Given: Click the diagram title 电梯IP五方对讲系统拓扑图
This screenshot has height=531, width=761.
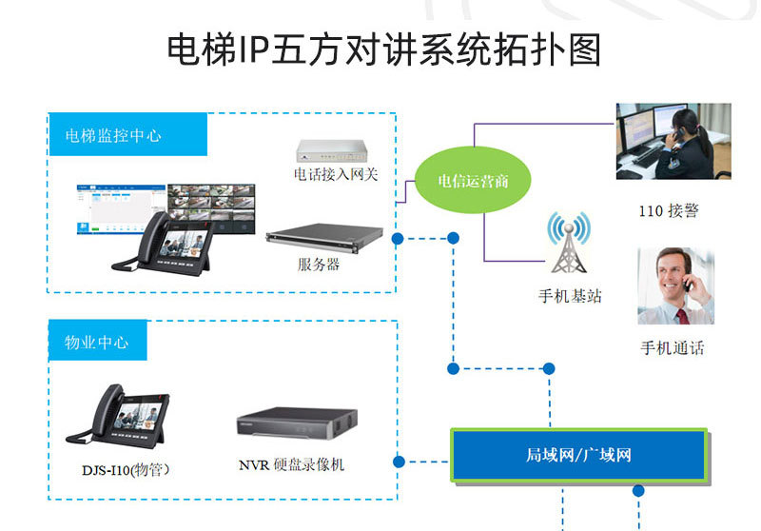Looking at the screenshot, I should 384,49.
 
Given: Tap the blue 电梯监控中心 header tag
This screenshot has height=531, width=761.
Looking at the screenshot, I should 127,134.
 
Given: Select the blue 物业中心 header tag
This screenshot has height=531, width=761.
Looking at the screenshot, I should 97,341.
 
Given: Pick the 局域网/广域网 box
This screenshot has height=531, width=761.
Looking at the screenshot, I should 578,455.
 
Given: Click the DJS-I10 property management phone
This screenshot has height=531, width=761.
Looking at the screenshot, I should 110,419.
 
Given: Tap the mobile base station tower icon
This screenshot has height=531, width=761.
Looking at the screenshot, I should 568,244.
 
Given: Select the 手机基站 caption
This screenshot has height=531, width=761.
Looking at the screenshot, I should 570,296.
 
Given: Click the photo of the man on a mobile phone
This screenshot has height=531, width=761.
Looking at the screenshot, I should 674,285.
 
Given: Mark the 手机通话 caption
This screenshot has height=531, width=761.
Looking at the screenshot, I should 673,348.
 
